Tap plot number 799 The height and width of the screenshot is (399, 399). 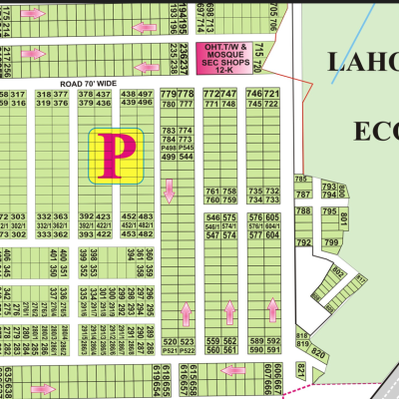click(331, 242)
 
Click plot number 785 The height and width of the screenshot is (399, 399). click(301, 180)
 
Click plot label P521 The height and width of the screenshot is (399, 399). click(168, 351)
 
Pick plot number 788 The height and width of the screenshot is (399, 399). click(303, 211)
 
